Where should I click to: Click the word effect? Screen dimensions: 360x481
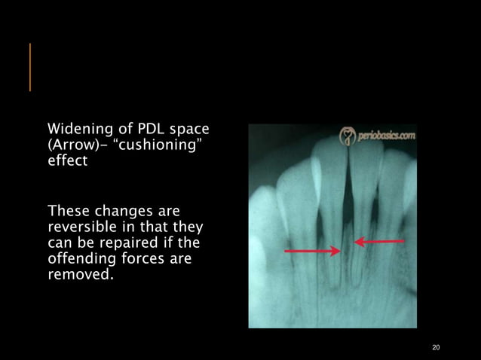pyautogui.click(x=67, y=161)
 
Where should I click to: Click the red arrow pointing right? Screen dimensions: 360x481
pyautogui.click(x=311, y=250)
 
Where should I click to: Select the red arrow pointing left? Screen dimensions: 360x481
pyautogui.click(x=379, y=242)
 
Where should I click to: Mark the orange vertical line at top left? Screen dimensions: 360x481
pyautogui.click(x=30, y=67)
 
